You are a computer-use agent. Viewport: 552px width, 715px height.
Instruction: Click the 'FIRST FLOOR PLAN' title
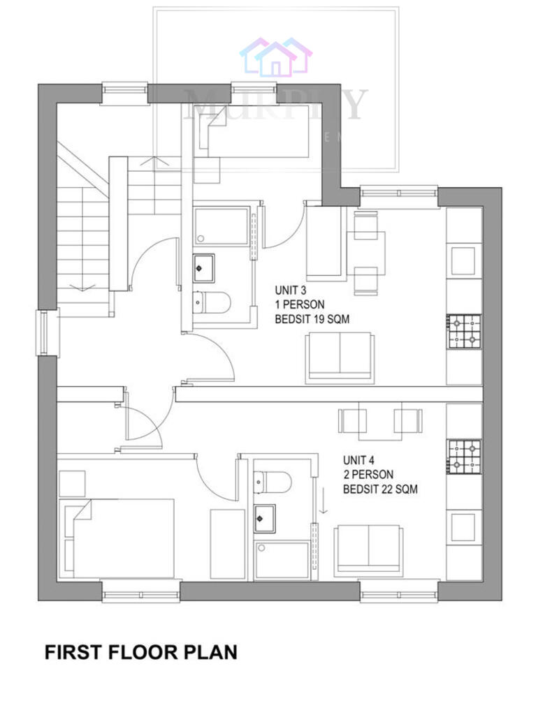(140, 652)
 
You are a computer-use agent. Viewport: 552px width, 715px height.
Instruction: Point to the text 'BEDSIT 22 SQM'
(379, 489)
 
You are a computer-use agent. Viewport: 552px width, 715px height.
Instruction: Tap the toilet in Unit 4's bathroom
(273, 481)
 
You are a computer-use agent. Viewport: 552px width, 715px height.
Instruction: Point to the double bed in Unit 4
(119, 538)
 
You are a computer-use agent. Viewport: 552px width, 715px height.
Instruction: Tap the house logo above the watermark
(276, 57)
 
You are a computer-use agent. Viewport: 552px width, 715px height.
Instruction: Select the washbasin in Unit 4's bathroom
(265, 517)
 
